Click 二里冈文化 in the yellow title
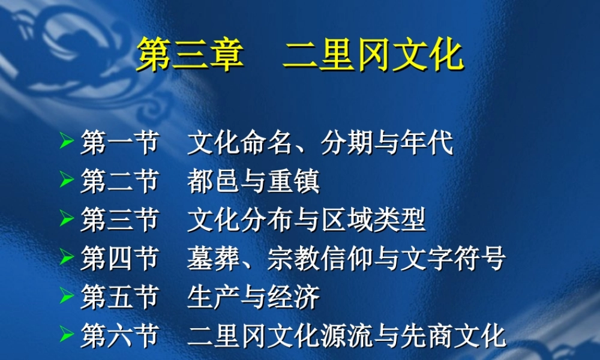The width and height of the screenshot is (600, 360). (373, 56)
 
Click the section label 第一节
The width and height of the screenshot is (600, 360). (119, 144)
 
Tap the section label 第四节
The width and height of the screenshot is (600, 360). (119, 259)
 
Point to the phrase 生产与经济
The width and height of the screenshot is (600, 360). (253, 298)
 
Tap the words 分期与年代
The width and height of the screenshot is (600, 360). (386, 144)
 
